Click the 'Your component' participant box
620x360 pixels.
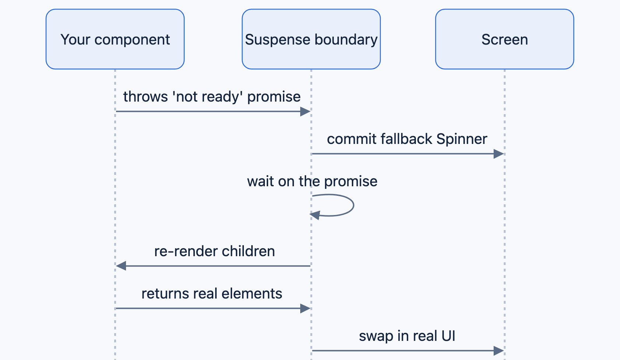(115, 39)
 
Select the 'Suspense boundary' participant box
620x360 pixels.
(311, 39)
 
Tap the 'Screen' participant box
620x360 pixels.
(505, 39)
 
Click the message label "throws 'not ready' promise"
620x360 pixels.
(212, 97)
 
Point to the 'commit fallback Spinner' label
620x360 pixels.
(407, 139)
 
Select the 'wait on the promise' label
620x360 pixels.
(312, 181)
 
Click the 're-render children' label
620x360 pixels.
(214, 251)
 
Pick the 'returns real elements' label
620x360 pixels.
(212, 293)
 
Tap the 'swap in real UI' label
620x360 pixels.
(407, 336)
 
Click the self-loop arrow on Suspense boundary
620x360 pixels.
(353, 205)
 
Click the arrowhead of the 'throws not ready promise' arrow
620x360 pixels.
(305, 112)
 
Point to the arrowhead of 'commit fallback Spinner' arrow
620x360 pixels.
(499, 154)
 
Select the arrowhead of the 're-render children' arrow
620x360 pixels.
(121, 266)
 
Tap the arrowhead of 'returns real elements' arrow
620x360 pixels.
(305, 308)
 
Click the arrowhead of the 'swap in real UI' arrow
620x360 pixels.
(499, 350)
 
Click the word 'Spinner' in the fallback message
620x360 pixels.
(462, 139)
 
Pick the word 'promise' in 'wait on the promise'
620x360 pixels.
(351, 182)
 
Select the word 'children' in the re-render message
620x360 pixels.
(248, 251)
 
